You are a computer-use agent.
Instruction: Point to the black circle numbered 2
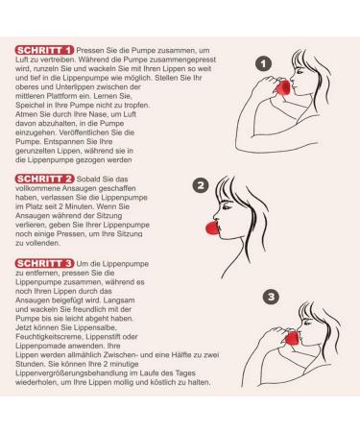tap(201, 185)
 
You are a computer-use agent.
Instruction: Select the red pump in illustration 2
tap(213, 228)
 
